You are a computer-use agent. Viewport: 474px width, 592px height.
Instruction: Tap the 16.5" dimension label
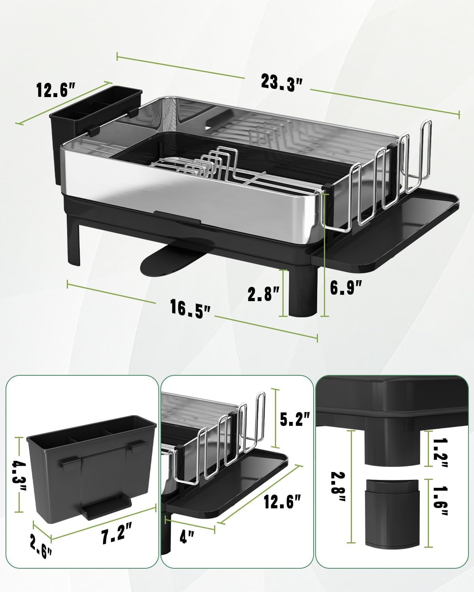pyautogui.click(x=190, y=307)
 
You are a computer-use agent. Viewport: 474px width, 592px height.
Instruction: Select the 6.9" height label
pyautogui.click(x=346, y=287)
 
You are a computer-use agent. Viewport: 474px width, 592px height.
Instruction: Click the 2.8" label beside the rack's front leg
pyautogui.click(x=264, y=294)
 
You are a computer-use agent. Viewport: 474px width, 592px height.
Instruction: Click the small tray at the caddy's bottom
pyautogui.click(x=105, y=508)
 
